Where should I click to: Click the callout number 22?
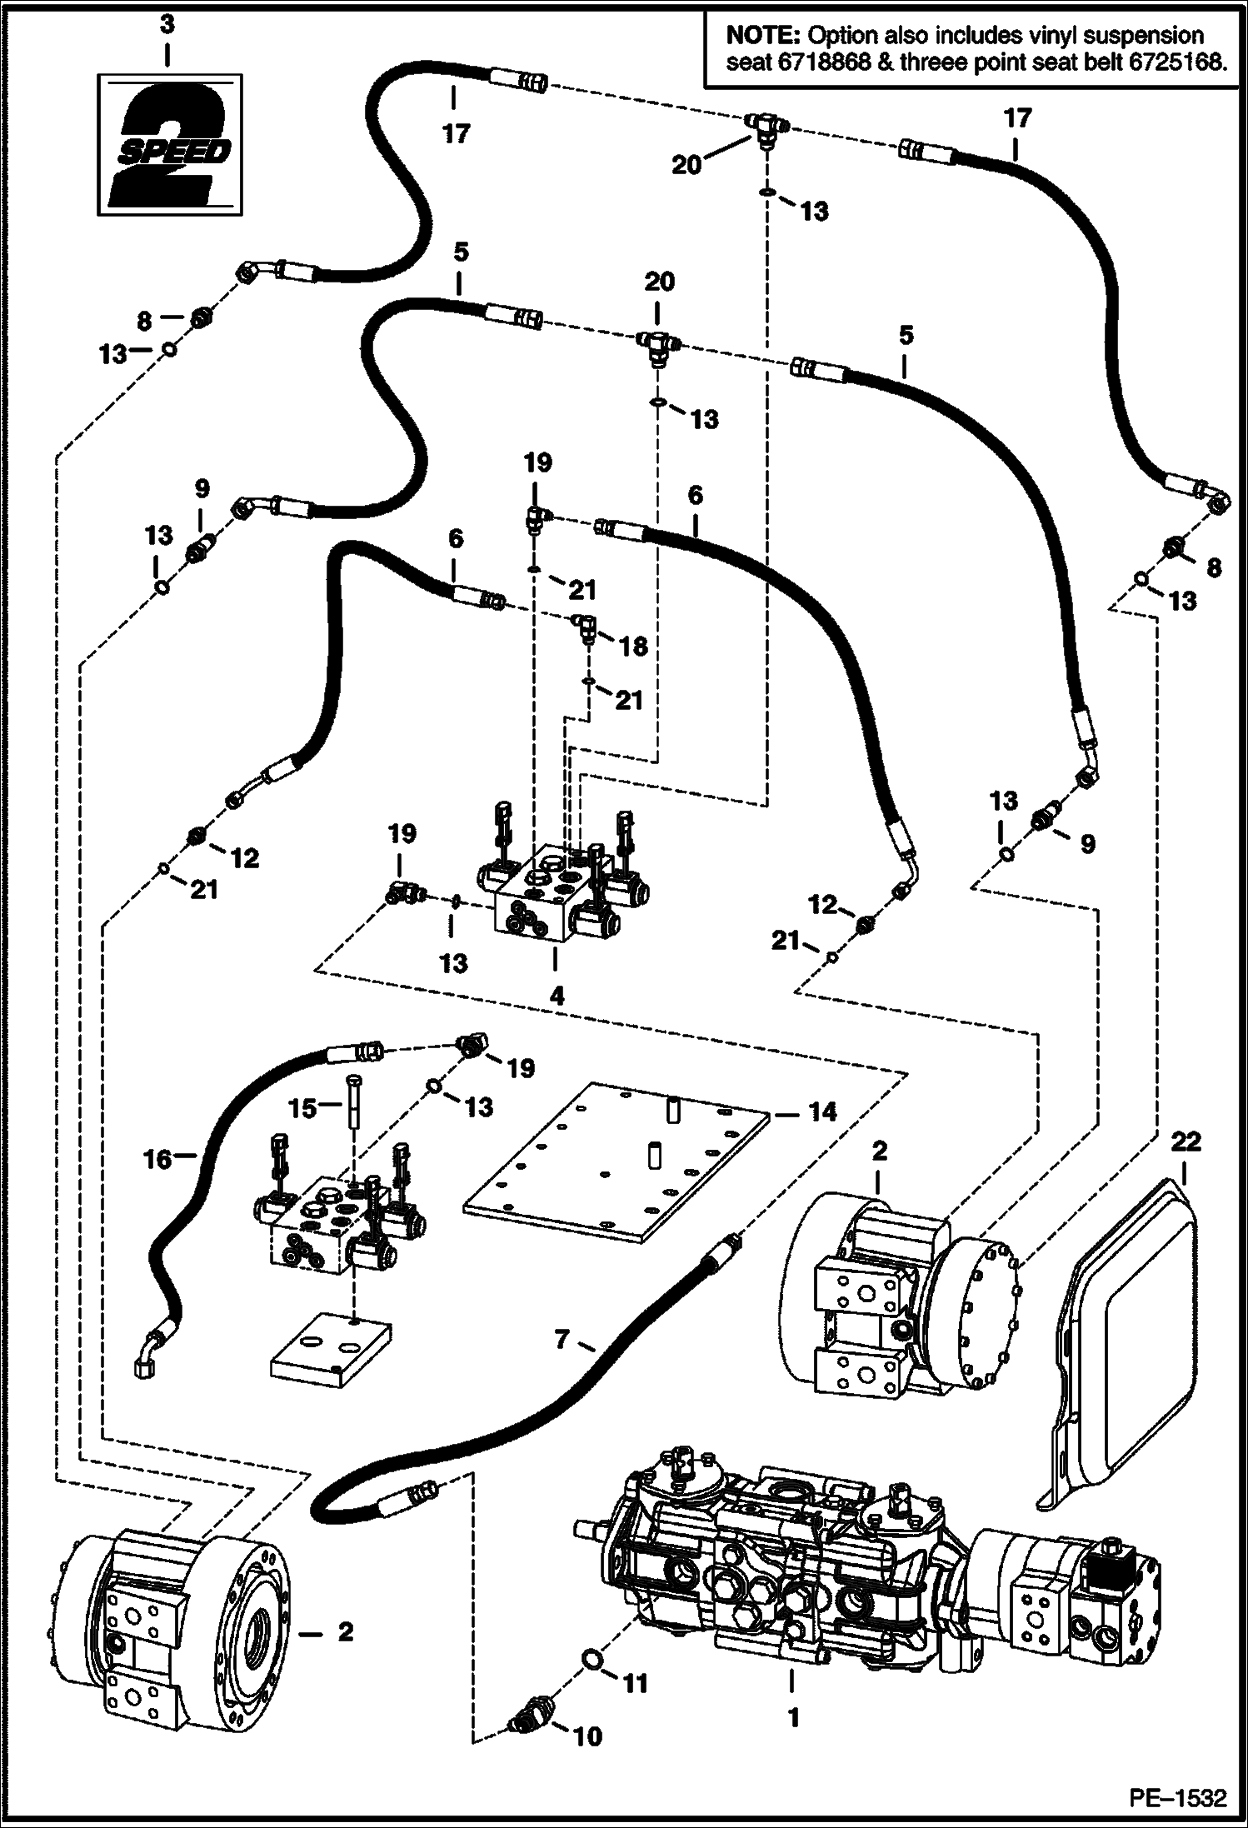pos(1186,1141)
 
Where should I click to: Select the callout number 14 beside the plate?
pos(822,1111)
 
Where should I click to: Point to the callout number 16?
pos(158,1159)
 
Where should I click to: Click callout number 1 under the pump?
pos(793,1716)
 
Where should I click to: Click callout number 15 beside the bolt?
pos(303,1107)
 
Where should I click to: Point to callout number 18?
pos(634,645)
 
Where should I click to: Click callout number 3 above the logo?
pos(167,25)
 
